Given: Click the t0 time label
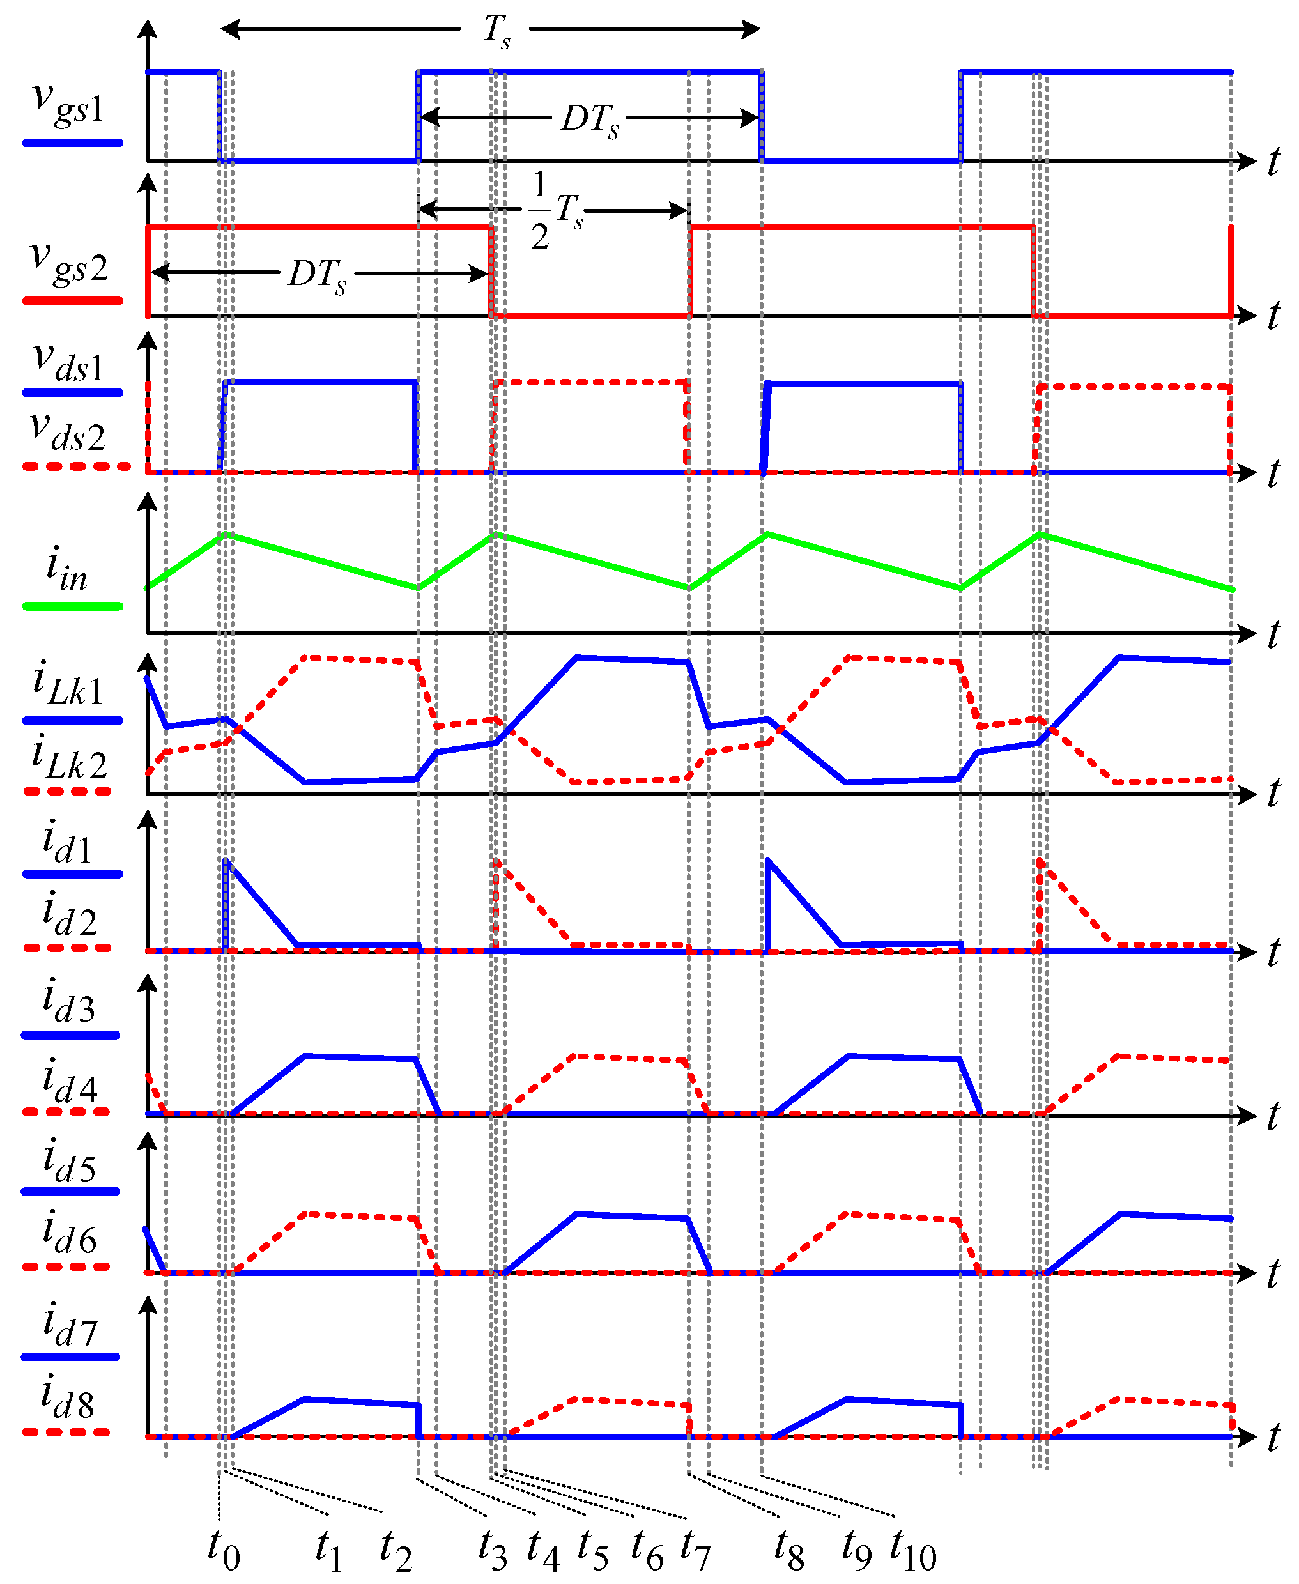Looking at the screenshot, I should (x=224, y=1549).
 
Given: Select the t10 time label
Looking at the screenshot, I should (x=912, y=1549).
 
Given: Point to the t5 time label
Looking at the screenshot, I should (x=592, y=1549).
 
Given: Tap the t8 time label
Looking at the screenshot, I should (x=788, y=1549).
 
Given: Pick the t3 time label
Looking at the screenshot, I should (x=493, y=1549).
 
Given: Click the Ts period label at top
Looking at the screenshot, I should (x=496, y=31).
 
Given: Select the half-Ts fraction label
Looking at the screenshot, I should (x=556, y=210).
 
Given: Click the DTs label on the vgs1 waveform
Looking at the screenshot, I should (x=590, y=119).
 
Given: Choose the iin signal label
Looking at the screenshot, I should (x=66, y=569).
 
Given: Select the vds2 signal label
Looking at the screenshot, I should (x=67, y=432).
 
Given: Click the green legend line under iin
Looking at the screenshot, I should (x=73, y=606).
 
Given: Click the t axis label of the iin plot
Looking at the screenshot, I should (x=1273, y=634).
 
